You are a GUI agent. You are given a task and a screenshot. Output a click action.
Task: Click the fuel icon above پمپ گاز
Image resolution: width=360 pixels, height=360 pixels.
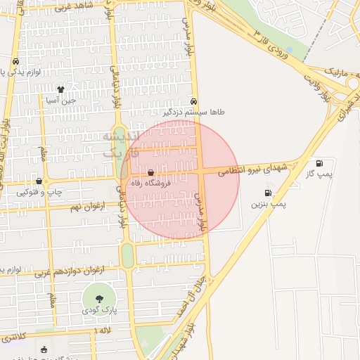[321, 162]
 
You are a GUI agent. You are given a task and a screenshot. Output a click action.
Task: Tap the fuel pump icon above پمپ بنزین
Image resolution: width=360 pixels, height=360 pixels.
[267, 193]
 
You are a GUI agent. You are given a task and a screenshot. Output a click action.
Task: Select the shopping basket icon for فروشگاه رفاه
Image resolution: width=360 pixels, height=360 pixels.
[150, 172]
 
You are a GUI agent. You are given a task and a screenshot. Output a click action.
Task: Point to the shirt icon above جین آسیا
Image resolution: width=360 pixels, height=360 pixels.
[60, 89]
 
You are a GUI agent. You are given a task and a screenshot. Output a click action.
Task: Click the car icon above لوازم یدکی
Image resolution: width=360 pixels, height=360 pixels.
[15, 61]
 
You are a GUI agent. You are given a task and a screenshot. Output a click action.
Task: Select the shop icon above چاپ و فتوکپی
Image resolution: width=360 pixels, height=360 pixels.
[39, 181]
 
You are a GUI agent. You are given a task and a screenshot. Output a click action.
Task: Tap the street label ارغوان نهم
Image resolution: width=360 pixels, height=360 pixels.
[85, 207]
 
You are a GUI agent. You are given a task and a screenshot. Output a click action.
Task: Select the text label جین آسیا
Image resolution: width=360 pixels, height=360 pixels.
[60, 101]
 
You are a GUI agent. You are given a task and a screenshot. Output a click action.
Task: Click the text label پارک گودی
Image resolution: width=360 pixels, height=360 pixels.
[94, 310]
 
